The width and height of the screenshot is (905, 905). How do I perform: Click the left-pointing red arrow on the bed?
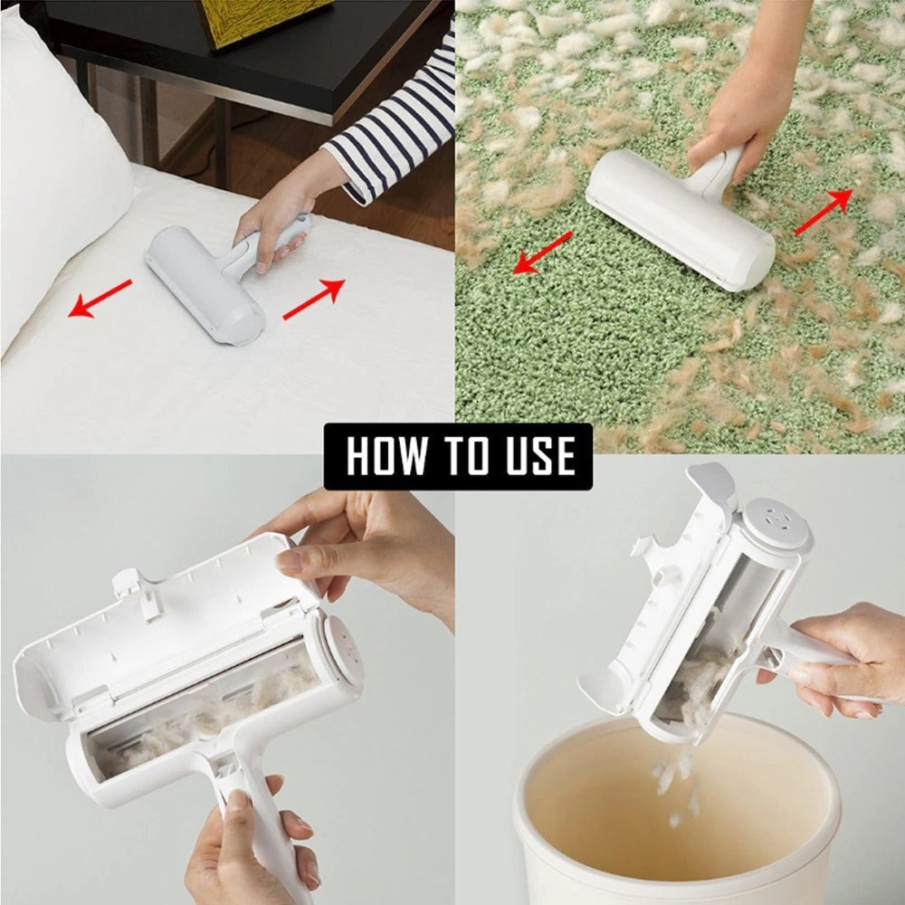tap(100, 299)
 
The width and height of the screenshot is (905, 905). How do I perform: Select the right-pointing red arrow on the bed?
tap(314, 300)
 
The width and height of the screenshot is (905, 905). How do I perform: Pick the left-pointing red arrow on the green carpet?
tap(542, 252)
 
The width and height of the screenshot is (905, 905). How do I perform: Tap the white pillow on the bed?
tap(54, 163)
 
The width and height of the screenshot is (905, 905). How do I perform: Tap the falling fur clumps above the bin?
tap(674, 778)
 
